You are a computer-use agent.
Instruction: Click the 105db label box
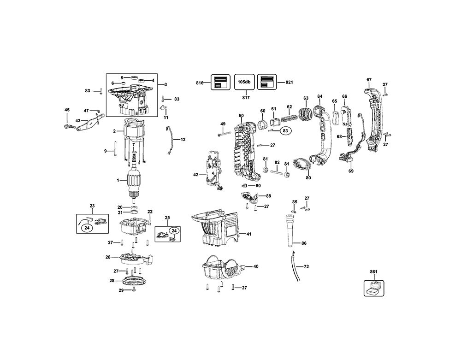point(243,82)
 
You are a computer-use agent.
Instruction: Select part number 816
point(200,82)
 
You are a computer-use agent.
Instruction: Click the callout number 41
point(249,234)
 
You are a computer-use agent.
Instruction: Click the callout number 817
point(246,98)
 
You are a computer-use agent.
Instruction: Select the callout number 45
point(67,110)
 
